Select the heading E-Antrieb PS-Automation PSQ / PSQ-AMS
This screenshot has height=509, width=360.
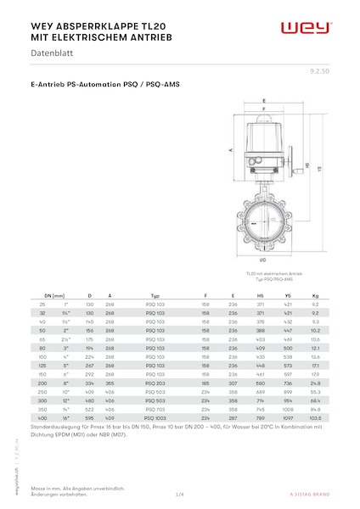tap(104, 85)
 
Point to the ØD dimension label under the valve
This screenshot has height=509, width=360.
tap(264, 259)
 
